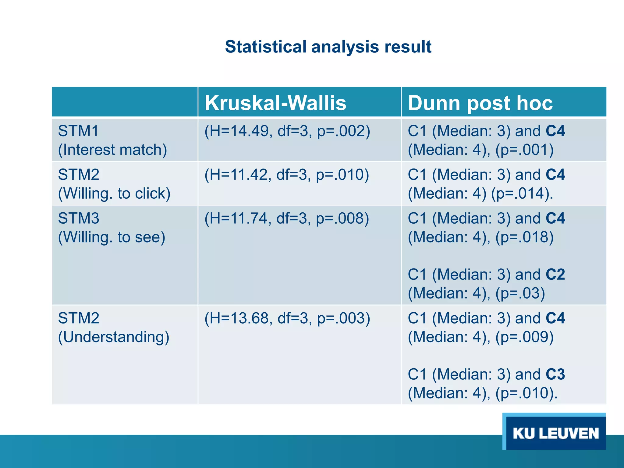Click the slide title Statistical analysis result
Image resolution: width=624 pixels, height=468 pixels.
coord(328,47)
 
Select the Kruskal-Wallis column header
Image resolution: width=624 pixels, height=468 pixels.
coord(275,103)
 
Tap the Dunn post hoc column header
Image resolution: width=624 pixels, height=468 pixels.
coord(480,103)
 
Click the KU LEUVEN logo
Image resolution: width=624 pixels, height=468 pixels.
coord(555,433)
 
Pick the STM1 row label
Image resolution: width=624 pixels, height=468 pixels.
coord(79,131)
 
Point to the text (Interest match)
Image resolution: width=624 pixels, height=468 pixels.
coord(112,150)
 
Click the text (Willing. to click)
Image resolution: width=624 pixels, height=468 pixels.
coord(114,193)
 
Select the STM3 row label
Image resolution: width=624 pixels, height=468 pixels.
coord(79,218)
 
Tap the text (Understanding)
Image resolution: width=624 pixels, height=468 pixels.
coord(114,337)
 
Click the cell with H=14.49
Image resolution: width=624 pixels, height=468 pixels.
coord(287,131)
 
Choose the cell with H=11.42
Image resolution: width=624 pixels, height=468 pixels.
coord(286,175)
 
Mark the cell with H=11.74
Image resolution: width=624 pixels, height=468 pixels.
coord(286,218)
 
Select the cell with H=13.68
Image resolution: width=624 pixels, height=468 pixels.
coord(287,318)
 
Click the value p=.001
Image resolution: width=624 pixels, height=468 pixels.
coord(524,150)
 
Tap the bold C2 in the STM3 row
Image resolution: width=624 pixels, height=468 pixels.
coord(555,275)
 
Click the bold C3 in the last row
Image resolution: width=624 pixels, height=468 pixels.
coord(555,374)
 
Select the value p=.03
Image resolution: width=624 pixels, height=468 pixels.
coord(520,293)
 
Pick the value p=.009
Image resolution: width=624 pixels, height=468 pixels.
coord(524,337)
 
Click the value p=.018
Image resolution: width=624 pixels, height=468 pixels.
coord(524,237)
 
